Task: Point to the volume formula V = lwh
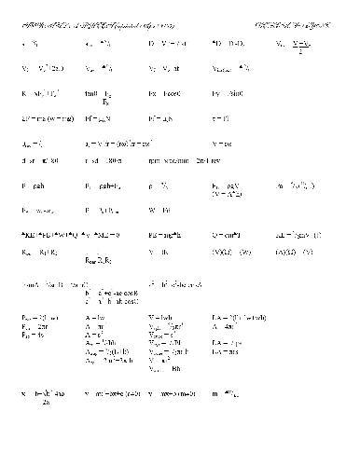[x=162, y=318]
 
